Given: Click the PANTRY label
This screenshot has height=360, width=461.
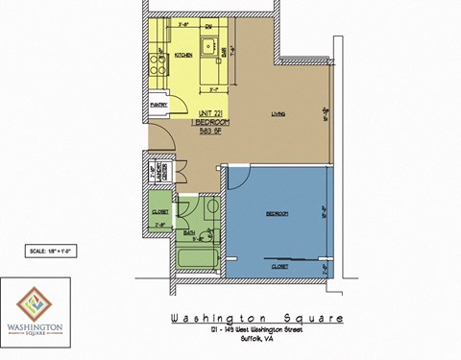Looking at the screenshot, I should point(158,104).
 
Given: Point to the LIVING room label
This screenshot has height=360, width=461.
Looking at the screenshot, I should point(279,114).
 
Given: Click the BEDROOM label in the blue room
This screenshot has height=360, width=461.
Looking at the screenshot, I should point(279,213).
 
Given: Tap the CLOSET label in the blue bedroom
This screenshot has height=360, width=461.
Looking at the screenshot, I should point(280,265).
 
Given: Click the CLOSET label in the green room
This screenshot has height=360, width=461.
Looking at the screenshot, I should point(160,210).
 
